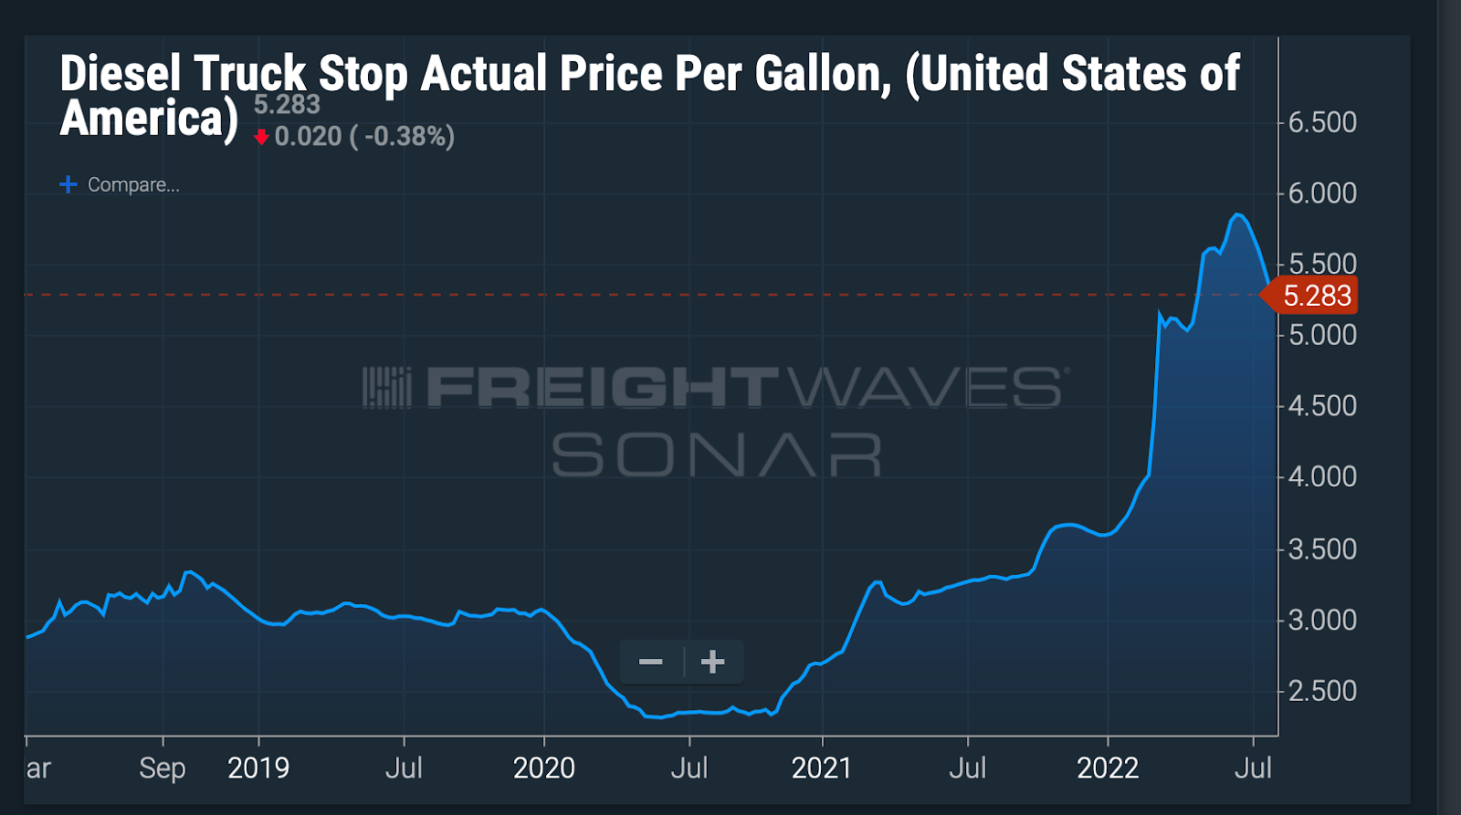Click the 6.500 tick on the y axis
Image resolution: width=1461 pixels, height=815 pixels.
coord(1321,122)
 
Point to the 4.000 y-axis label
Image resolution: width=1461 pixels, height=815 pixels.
coord(1321,476)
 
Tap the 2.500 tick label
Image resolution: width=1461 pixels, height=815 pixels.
coord(1321,691)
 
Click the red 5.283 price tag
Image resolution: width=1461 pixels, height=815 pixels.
coord(1316,296)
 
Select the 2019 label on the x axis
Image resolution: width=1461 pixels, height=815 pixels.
coord(258,768)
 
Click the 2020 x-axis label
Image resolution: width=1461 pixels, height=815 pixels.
coord(543,768)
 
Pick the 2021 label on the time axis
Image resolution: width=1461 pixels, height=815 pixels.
coord(821,768)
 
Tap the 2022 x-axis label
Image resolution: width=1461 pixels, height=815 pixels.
coord(1107,768)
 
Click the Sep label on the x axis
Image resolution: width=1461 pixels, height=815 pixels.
coord(163,768)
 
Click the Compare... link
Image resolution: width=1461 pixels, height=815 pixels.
coord(133,184)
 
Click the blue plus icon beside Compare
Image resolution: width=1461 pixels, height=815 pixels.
coord(68,184)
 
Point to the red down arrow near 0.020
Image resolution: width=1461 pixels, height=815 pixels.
coord(262,137)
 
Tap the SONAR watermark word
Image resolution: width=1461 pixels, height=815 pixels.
coord(716,454)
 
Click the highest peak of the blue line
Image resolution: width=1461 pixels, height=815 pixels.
coord(1236,214)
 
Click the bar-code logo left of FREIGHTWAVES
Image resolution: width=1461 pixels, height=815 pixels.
coord(387,387)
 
